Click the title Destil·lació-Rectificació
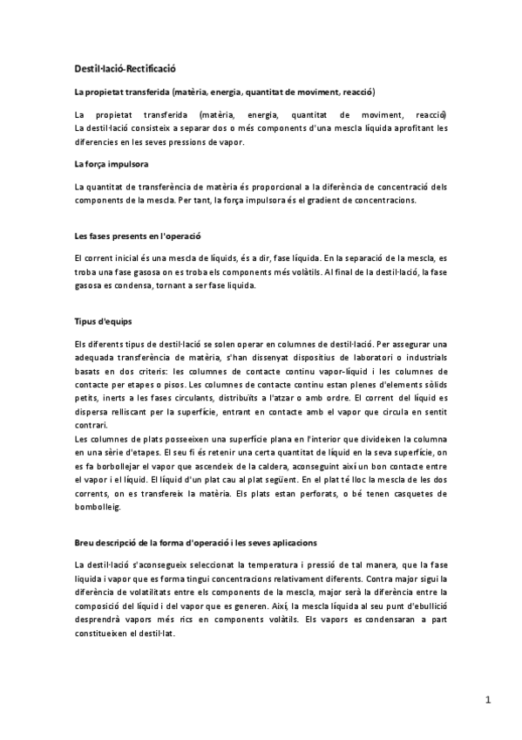point(125,68)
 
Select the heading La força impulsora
point(111,163)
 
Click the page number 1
point(489,699)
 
